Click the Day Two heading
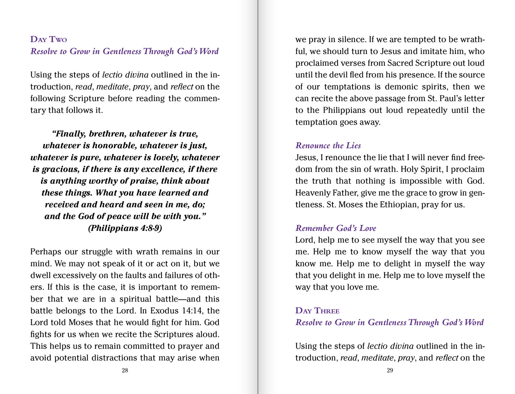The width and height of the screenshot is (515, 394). (48, 39)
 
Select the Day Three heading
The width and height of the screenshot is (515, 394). (317, 310)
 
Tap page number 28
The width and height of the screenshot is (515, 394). (125, 370)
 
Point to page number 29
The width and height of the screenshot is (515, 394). (390, 370)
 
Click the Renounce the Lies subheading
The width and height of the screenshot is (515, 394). (328, 146)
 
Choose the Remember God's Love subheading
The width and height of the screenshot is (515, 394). (336, 228)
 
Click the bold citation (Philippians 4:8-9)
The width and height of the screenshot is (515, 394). (125, 228)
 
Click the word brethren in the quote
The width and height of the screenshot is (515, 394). (107, 134)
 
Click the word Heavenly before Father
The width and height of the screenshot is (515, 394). (313, 193)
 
